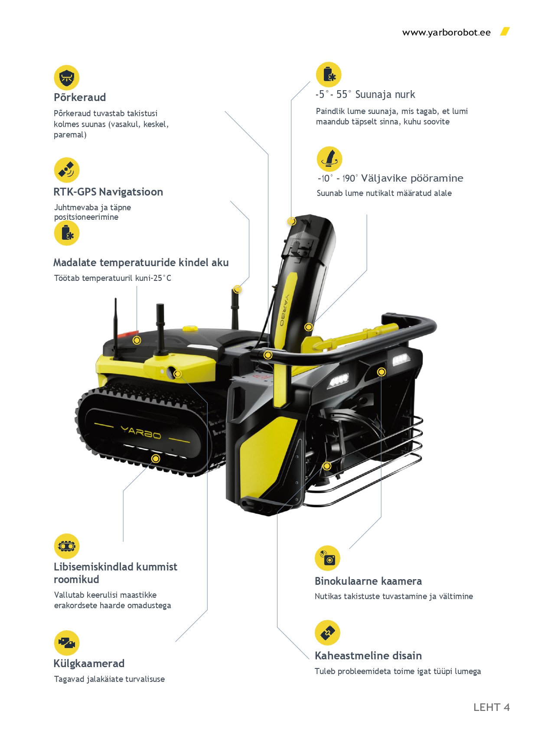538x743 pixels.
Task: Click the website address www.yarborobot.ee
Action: pyautogui.click(x=446, y=33)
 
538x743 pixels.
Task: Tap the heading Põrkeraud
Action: pyautogui.click(x=80, y=97)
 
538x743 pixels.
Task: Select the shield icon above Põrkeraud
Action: pyautogui.click(x=67, y=78)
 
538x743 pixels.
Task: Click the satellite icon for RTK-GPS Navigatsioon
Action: pyautogui.click(x=67, y=170)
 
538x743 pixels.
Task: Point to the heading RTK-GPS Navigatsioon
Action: pyautogui.click(x=108, y=192)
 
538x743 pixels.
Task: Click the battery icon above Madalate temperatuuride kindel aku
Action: pyautogui.click(x=67, y=233)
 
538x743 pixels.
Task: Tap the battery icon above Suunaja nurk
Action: pyautogui.click(x=329, y=74)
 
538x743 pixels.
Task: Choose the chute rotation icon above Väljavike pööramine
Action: pyautogui.click(x=329, y=159)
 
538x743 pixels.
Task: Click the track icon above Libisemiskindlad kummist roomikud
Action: pyautogui.click(x=67, y=546)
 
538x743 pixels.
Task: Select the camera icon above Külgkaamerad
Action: pyautogui.click(x=67, y=643)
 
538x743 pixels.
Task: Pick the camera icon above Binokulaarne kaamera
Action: pyautogui.click(x=327, y=558)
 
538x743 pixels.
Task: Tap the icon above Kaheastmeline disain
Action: pyautogui.click(x=327, y=632)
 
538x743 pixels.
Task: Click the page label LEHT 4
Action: pyautogui.click(x=491, y=707)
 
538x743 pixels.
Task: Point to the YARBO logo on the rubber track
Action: pyautogui.click(x=140, y=432)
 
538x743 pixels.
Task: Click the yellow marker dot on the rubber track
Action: pyautogui.click(x=156, y=459)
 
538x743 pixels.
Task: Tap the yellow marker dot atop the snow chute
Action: pyautogui.click(x=292, y=221)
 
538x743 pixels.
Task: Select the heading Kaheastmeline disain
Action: pyautogui.click(x=368, y=655)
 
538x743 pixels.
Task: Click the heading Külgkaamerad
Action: pyautogui.click(x=89, y=663)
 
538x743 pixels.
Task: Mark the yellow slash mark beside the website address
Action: pyautogui.click(x=505, y=32)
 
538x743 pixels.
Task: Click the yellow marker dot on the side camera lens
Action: pyautogui.click(x=177, y=374)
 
